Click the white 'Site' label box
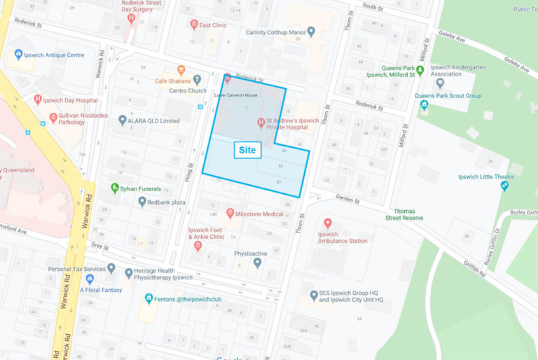[x=247, y=150]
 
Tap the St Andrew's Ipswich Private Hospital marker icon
[x=261, y=123]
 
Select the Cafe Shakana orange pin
[x=181, y=69]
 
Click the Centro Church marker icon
[x=198, y=80]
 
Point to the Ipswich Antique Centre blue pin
[x=18, y=54]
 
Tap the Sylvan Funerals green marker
[x=115, y=188]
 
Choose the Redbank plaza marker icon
[x=142, y=202]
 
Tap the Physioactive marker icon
[x=257, y=263]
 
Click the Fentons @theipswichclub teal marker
[x=149, y=298]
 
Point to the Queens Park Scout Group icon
[x=424, y=105]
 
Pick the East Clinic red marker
[x=194, y=25]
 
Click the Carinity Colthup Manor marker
[x=311, y=32]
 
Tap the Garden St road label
[x=346, y=200]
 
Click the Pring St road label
[x=189, y=168]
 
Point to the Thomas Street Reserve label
[x=408, y=214]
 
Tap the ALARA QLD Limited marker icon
[x=123, y=120]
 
